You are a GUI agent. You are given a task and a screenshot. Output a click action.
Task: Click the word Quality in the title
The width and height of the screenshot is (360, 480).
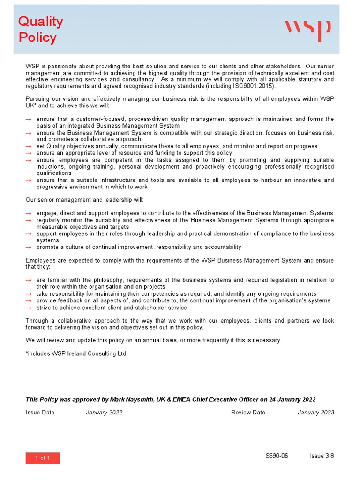(40, 22)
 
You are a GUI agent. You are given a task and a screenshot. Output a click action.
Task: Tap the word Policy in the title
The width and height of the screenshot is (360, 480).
(37, 37)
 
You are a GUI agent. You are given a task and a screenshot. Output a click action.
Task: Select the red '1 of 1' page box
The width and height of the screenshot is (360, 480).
(43, 458)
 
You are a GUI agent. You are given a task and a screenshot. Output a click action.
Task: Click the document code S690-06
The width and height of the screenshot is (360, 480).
(277, 456)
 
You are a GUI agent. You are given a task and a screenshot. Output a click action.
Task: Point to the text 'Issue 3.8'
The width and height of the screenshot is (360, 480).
(322, 456)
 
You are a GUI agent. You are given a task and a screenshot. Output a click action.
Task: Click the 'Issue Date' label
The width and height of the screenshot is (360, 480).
(40, 412)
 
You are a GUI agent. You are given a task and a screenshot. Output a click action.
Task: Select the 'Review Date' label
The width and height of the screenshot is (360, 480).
(248, 412)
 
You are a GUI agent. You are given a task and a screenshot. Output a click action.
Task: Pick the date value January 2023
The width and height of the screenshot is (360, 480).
(316, 412)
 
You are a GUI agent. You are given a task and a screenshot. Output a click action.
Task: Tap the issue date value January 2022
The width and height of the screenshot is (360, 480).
(104, 412)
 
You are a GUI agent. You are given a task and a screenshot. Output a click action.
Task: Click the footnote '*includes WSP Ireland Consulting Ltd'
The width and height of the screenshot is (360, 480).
(76, 353)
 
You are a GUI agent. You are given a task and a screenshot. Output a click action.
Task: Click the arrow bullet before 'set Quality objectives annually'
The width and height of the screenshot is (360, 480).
(29, 147)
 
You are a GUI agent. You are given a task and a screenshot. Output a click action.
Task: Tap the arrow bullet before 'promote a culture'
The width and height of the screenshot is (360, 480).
(29, 247)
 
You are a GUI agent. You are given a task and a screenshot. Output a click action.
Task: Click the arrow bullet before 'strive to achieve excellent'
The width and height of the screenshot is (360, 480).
(29, 308)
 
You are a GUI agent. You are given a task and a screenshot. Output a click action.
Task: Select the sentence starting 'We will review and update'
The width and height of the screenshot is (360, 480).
(153, 340)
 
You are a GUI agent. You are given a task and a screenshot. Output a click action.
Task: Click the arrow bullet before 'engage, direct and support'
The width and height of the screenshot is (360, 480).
(29, 214)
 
